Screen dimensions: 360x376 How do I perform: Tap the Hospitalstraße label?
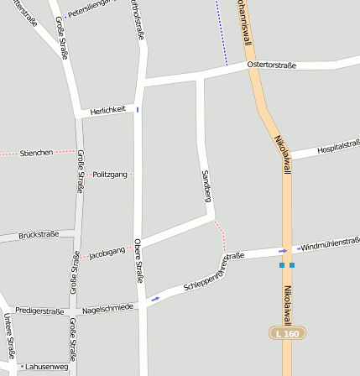pos(337,149)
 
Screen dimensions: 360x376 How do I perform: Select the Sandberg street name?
pos(206,185)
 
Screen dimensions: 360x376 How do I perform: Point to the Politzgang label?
pos(110,174)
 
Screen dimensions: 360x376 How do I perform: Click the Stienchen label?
pos(37,153)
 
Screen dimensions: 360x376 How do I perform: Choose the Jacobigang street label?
pos(107,251)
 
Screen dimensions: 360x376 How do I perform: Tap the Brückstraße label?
pos(39,235)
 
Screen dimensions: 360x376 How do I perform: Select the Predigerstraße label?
pos(39,311)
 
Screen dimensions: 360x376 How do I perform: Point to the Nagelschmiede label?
pos(108,308)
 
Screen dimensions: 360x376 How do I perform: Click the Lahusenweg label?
pos(47,367)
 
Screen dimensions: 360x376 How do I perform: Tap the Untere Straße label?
pos(9,335)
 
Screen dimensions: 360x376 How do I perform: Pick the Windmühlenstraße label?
pos(329,243)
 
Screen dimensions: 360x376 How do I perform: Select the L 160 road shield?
pos(287,333)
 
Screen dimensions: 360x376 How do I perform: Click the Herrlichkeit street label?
pos(108,109)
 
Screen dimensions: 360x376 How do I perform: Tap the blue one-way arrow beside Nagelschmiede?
pos(154,298)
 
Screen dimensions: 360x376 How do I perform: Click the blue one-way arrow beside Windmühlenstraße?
pos(283,250)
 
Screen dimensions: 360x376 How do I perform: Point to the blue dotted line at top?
pos(222,34)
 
